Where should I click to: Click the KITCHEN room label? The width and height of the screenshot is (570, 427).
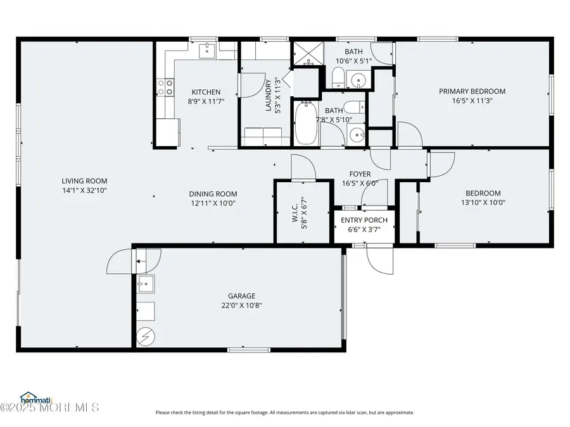tap(206, 92)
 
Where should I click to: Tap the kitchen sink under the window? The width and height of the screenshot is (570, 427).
tap(208, 50)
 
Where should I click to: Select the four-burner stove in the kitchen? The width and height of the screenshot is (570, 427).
tap(165, 87)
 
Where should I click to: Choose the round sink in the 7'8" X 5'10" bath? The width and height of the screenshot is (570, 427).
tap(357, 134)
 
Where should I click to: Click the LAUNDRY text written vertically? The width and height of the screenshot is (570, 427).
tap(269, 96)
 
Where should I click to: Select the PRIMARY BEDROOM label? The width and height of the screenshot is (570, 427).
tap(472, 91)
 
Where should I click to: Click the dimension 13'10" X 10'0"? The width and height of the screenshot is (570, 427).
tap(483, 203)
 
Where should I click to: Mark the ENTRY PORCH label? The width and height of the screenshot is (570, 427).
tap(365, 220)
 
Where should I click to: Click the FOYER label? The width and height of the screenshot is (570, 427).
tap(360, 174)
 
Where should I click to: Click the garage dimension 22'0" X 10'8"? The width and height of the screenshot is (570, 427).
tap(241, 305)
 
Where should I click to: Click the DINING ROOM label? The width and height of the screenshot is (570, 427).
tap(213, 194)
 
